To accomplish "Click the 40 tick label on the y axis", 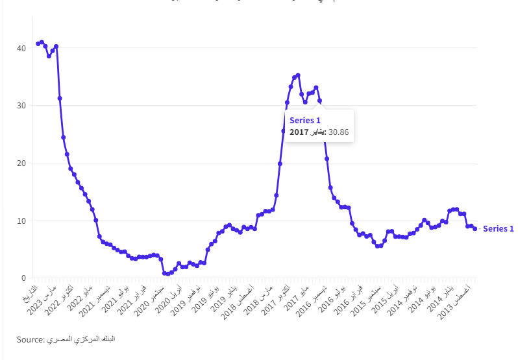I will click(21, 48).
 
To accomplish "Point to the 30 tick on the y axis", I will click(21, 106).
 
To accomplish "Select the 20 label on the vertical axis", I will click(21, 163).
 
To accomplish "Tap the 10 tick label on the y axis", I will click(21, 221).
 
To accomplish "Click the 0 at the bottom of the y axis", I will click(23, 278).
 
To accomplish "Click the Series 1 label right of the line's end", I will click(499, 228).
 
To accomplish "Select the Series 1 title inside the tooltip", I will click(305, 120).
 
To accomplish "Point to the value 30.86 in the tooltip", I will click(339, 132).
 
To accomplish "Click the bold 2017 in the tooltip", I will click(299, 132).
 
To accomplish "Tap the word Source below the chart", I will click(29, 339).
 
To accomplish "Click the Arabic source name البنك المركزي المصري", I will click(81, 339).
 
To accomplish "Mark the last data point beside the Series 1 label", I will click(475, 228).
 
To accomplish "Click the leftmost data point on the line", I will click(38, 44).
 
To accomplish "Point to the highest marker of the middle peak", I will click(298, 75).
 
